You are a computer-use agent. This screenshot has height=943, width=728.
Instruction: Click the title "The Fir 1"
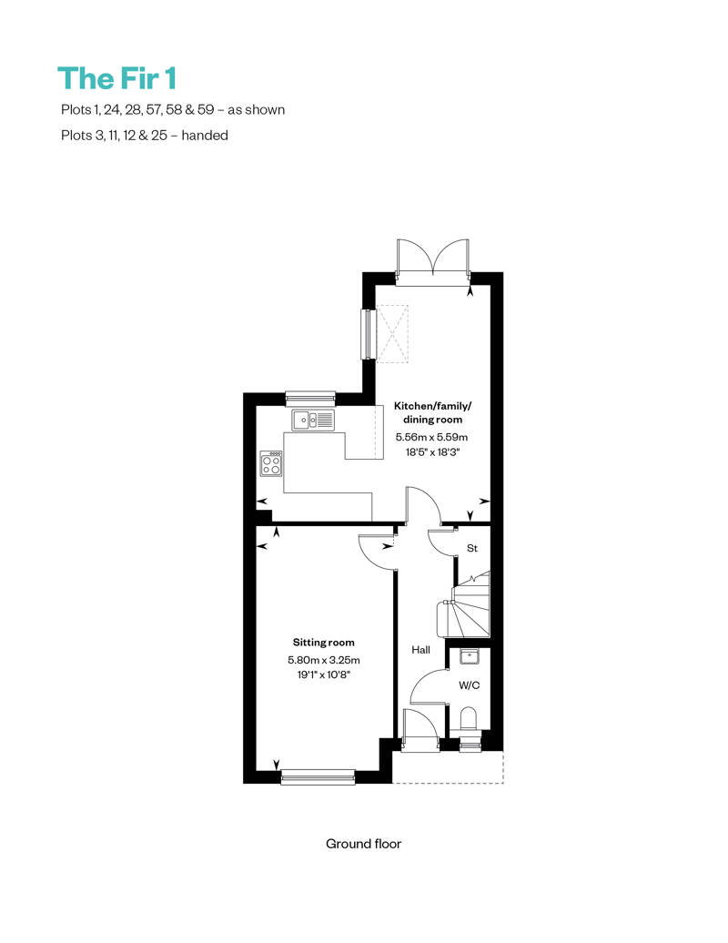[117, 79]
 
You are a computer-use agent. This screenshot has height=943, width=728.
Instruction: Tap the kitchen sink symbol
[313, 420]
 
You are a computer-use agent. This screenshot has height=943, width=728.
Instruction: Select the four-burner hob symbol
[270, 463]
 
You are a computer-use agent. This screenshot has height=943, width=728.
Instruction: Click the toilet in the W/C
[468, 719]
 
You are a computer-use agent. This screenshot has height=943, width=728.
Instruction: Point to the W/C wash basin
[469, 656]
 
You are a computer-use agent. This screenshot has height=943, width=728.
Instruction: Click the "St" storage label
[472, 549]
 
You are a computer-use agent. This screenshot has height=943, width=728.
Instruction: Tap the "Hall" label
[420, 650]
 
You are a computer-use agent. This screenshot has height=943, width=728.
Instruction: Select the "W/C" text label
[469, 685]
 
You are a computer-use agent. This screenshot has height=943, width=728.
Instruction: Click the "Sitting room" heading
[323, 643]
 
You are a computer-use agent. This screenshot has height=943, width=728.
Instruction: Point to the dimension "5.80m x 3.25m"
[323, 660]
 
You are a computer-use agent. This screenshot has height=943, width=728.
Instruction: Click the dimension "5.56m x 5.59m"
[431, 437]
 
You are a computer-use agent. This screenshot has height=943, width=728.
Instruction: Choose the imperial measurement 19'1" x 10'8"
[323, 674]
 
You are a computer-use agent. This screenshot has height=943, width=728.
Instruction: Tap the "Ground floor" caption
[363, 844]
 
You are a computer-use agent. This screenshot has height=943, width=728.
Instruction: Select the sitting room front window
[318, 777]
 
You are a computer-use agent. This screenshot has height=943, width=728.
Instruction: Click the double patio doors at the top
[433, 259]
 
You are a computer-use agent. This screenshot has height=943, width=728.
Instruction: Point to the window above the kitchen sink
[310, 398]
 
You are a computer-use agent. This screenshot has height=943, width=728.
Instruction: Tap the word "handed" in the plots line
[205, 136]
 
